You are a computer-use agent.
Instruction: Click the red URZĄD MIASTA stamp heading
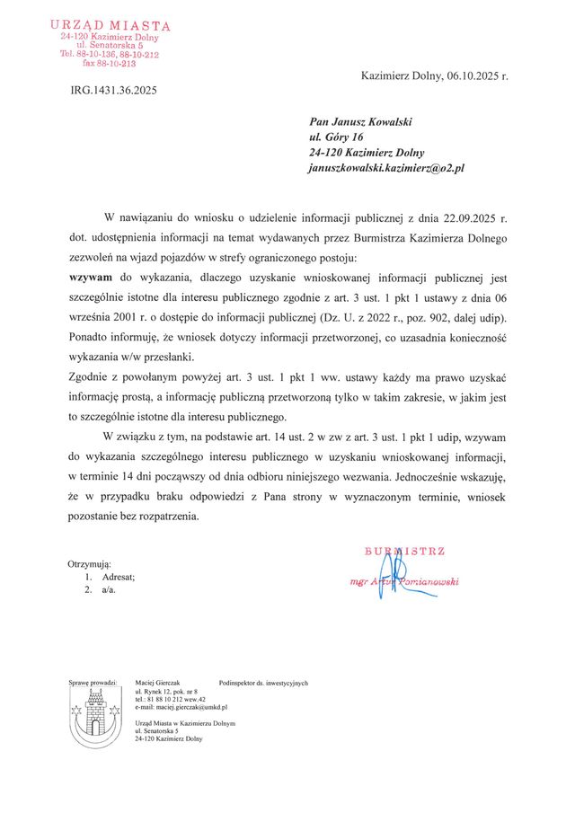point(110,27)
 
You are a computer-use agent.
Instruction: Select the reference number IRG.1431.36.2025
point(113,90)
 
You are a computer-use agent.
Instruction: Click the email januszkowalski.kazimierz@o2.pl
point(385,168)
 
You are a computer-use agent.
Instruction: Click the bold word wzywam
point(92,278)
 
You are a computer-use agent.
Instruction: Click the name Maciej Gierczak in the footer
point(157,683)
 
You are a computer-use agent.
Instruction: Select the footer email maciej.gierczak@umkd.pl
point(181,708)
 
